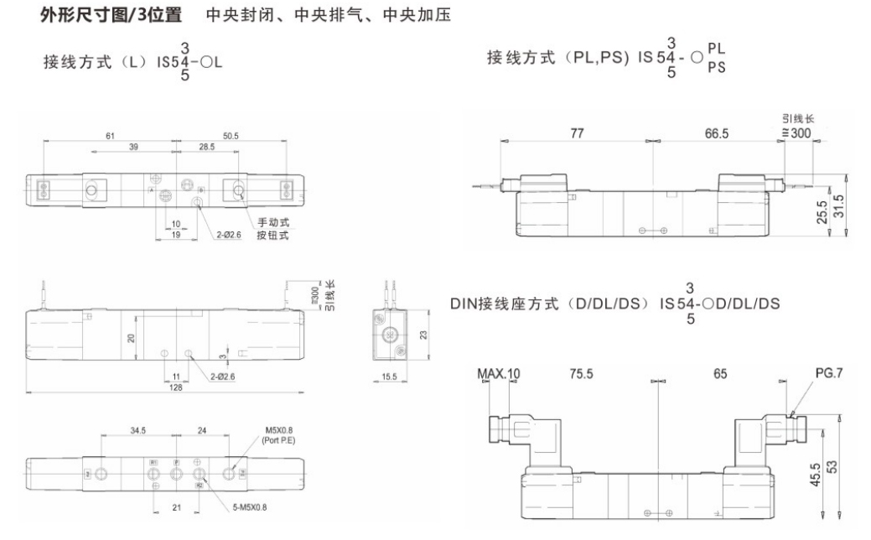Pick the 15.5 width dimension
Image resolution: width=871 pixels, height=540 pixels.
point(389,377)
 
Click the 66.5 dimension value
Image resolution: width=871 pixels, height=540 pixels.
point(717,133)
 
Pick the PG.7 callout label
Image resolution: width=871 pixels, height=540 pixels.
point(829,374)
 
